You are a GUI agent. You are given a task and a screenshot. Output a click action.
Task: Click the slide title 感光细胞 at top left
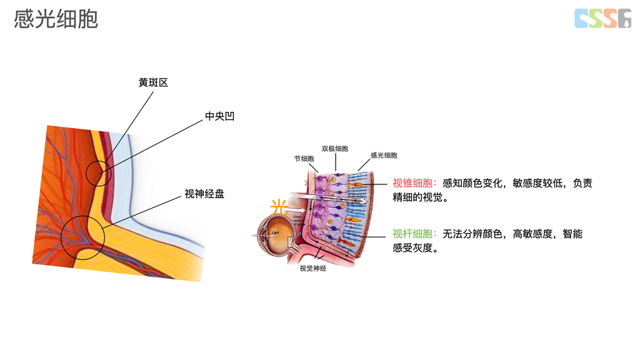pos(56,19)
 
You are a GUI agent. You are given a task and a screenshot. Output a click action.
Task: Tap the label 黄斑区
pos(153,82)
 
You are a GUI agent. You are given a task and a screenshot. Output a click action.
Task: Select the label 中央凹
pos(220,116)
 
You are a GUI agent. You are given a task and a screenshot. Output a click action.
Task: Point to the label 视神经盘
pos(204,194)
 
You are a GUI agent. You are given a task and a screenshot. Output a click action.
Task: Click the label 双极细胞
pos(335,149)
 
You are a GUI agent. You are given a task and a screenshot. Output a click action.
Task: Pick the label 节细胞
pos(304,159)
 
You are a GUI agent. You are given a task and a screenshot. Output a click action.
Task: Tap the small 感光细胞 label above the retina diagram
pos(384,155)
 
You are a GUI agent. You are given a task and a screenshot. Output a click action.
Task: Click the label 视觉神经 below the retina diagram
pos(313,268)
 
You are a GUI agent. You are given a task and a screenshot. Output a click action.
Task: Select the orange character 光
pos(279,206)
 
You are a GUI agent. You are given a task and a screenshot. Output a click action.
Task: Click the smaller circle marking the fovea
pos(98,173)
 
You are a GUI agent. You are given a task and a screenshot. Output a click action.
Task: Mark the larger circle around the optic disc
pos(83,237)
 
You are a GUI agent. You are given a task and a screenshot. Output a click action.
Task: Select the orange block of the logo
pos(610,19)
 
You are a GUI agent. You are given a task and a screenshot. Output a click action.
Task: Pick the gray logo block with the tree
pos(624,19)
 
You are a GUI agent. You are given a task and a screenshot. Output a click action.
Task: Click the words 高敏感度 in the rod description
pos(532,234)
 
